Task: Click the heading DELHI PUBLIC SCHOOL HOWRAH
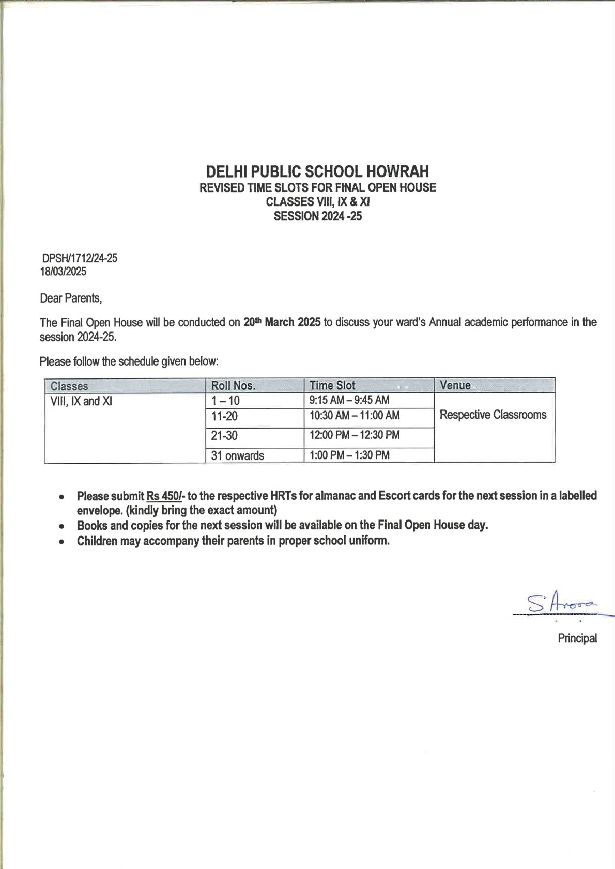click(x=317, y=171)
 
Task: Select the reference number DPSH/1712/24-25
click(x=80, y=258)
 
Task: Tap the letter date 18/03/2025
click(x=64, y=272)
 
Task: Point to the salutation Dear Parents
click(x=71, y=298)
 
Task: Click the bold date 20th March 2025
click(x=282, y=322)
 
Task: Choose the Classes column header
click(x=69, y=386)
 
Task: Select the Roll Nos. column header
click(x=233, y=386)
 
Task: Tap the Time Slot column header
click(x=332, y=385)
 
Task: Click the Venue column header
click(x=455, y=385)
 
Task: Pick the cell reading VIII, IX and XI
click(x=81, y=401)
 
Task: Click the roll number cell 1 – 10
click(x=225, y=401)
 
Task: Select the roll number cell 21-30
click(x=224, y=436)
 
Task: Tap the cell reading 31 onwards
click(x=237, y=455)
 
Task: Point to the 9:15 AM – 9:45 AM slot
click(x=349, y=400)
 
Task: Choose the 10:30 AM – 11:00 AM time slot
click(x=355, y=415)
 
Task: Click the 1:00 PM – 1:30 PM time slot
click(x=349, y=455)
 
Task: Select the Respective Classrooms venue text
click(x=493, y=415)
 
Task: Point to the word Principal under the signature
click(x=577, y=638)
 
